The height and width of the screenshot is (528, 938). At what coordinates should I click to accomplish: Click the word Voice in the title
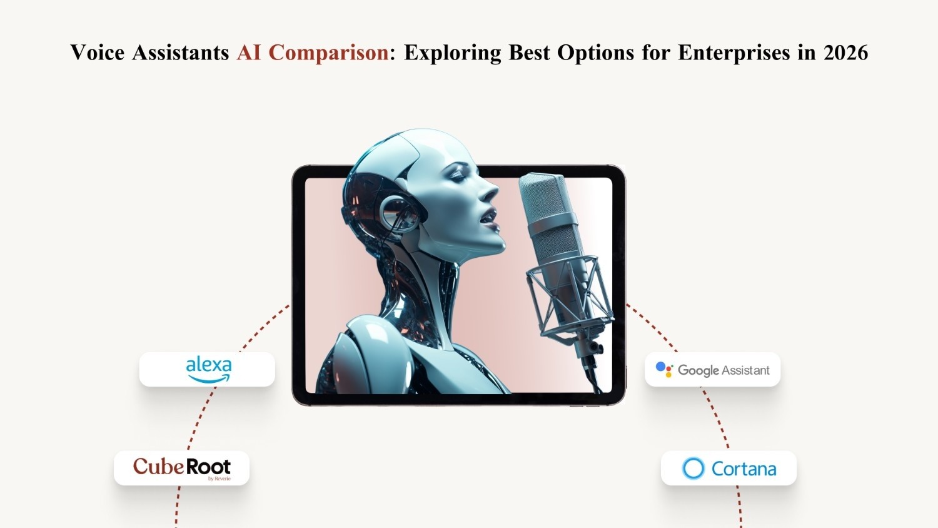(97, 53)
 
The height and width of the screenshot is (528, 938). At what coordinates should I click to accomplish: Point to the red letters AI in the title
(249, 53)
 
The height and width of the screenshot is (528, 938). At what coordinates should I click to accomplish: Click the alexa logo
(208, 369)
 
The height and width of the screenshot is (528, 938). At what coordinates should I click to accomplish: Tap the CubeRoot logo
(181, 467)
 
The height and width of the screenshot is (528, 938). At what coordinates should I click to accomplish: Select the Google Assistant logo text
(724, 370)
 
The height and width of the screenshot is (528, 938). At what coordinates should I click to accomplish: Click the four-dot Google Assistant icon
(664, 369)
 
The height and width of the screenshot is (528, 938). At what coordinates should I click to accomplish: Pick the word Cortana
(744, 469)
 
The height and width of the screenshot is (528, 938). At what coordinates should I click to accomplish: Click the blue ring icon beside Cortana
(693, 468)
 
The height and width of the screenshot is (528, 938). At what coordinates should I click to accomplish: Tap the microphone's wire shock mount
(566, 294)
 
